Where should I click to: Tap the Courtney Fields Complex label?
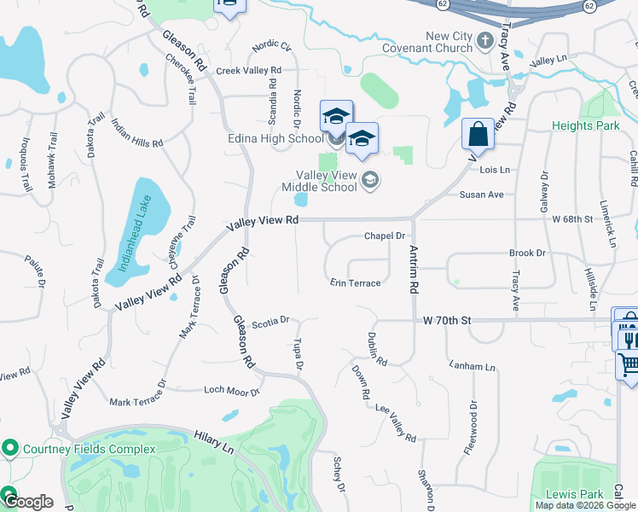(89, 449)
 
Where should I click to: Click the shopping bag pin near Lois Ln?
(478, 135)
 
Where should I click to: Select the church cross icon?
(484, 39)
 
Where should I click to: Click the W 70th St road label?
(447, 320)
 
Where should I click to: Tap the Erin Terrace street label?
(356, 283)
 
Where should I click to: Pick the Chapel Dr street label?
(383, 236)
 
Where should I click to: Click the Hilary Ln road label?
(213, 439)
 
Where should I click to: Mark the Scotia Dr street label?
(271, 323)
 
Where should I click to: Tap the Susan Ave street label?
(482, 195)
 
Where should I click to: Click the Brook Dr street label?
(526, 253)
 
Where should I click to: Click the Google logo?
(28, 502)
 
